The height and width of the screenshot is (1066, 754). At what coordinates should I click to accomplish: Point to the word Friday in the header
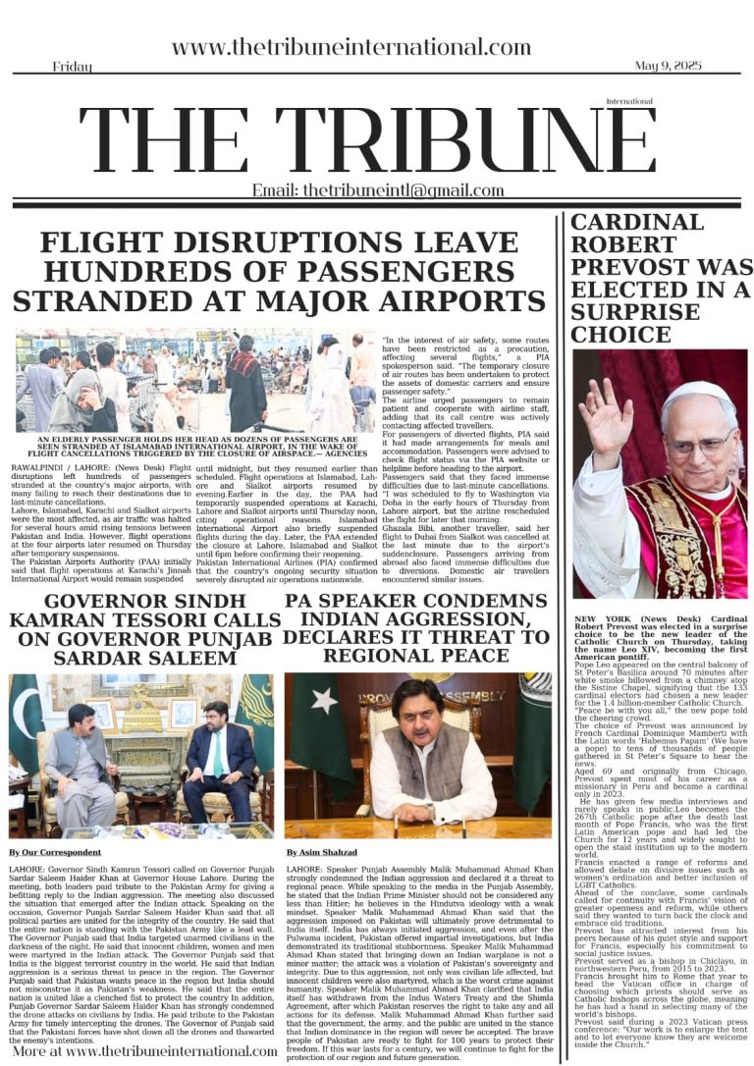point(73,67)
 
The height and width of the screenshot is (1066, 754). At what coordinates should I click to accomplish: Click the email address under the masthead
point(378,190)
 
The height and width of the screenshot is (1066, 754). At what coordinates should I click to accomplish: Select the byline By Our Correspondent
point(54,852)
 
